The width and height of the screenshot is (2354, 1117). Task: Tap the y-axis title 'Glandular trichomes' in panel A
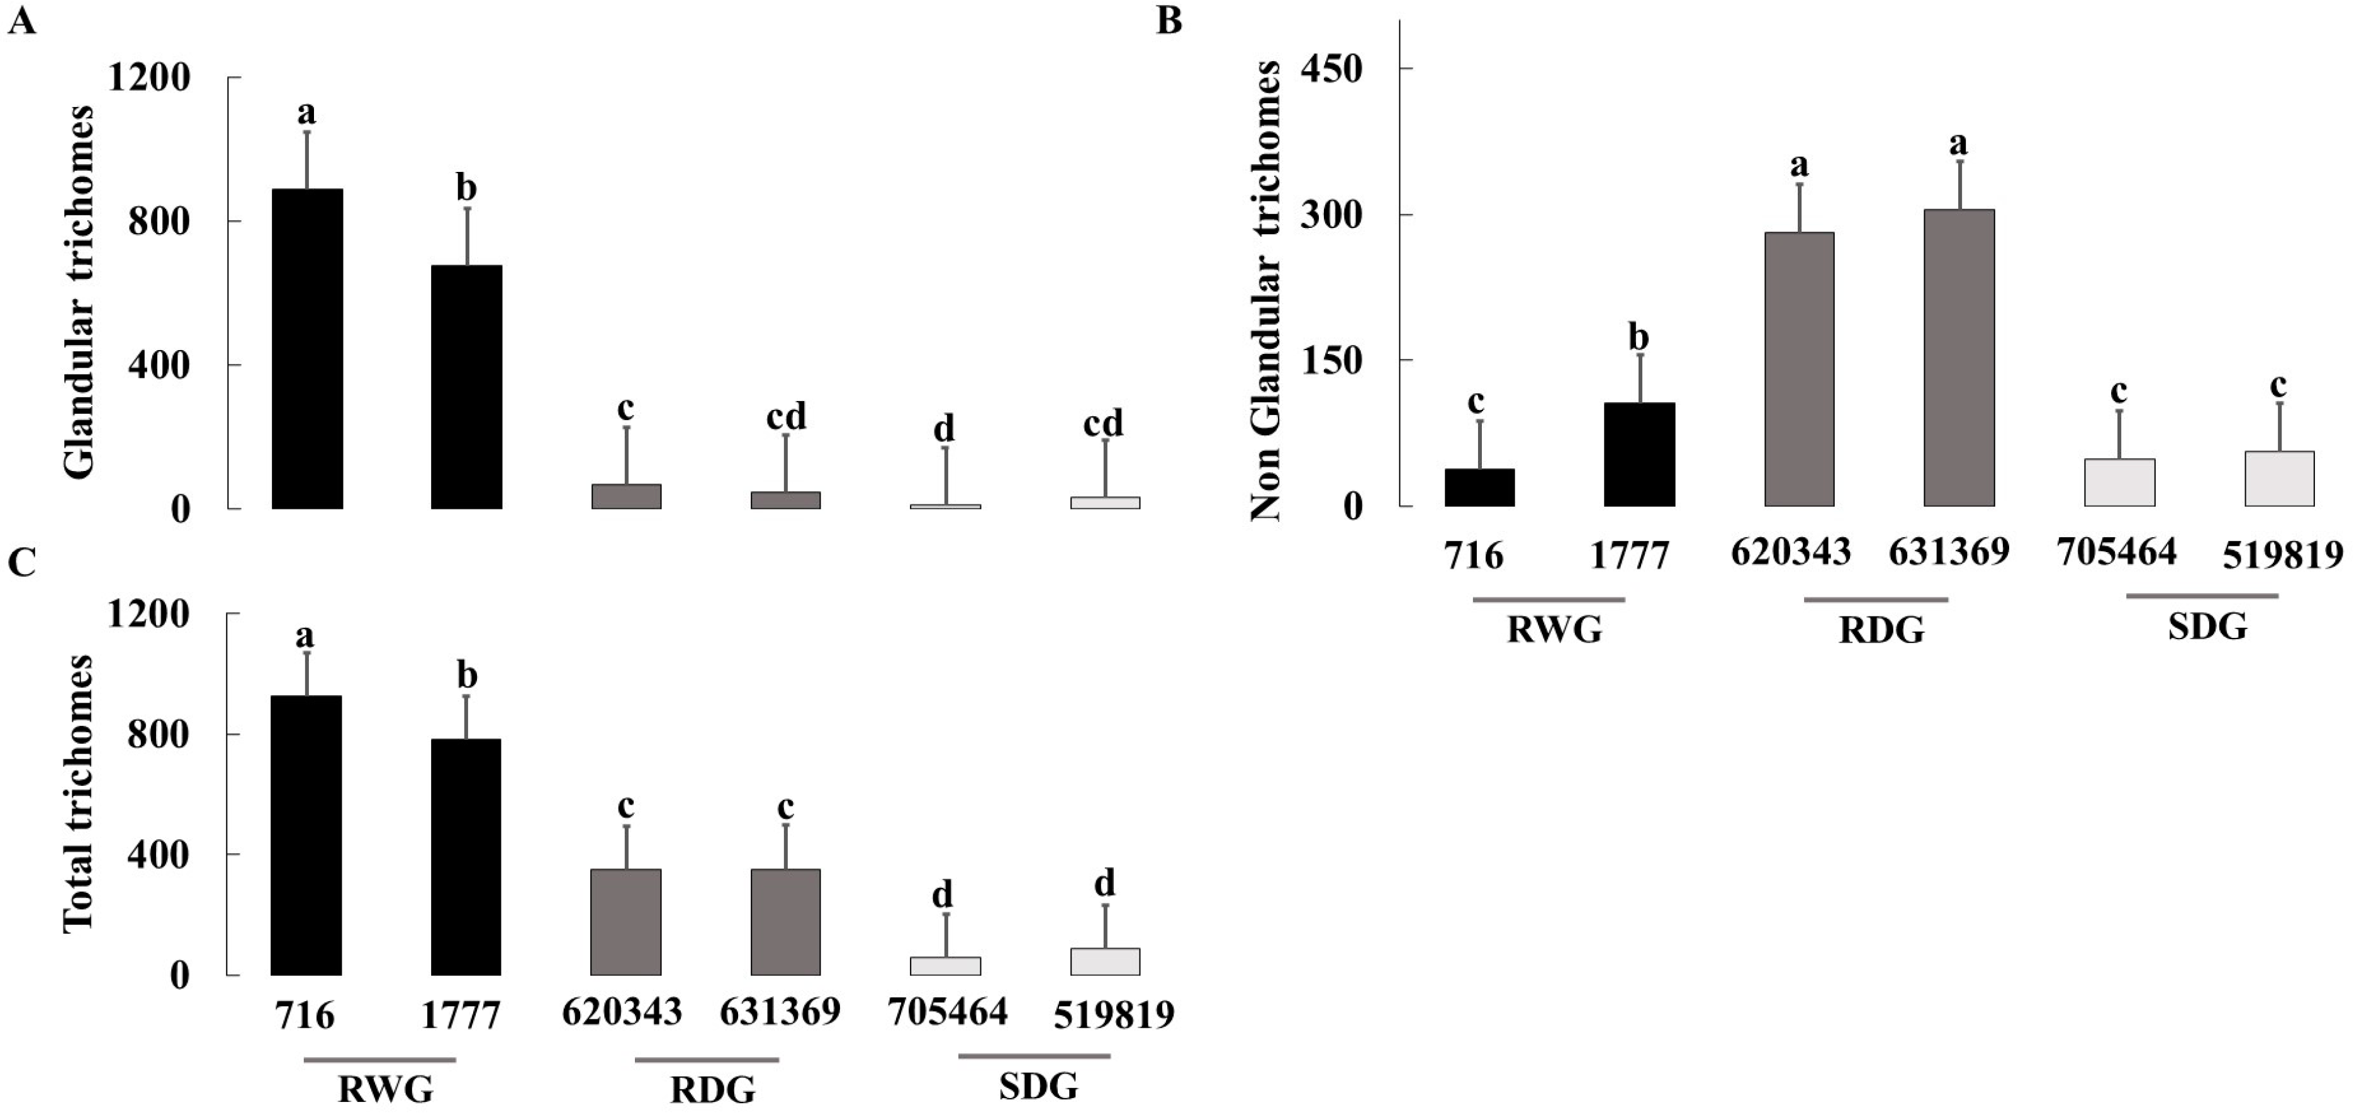(81, 292)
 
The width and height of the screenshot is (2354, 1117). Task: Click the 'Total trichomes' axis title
(81, 793)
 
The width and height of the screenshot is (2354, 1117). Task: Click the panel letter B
(1169, 20)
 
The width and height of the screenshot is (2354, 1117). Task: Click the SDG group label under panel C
(1038, 1087)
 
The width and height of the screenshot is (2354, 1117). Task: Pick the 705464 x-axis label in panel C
(947, 1012)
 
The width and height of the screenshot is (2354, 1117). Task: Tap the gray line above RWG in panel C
(379, 1060)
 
